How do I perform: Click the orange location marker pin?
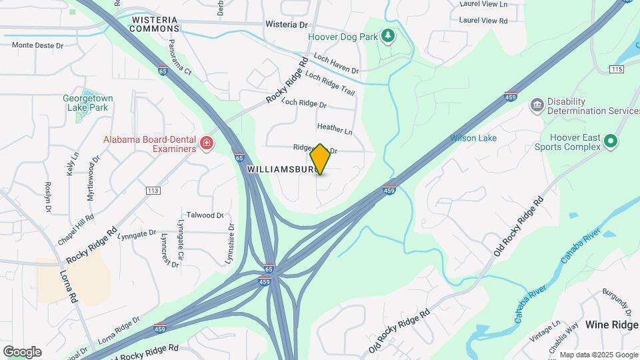(x=321, y=159)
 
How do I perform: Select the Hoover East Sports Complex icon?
(x=610, y=141)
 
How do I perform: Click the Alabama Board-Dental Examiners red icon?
(x=207, y=143)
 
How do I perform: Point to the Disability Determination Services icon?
(x=537, y=105)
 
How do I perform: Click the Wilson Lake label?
(x=473, y=138)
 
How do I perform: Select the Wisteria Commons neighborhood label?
(x=155, y=25)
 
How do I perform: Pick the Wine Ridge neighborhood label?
(x=612, y=325)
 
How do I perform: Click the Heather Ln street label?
(x=335, y=129)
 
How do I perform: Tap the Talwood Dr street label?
(x=205, y=215)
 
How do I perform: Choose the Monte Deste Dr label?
(x=37, y=45)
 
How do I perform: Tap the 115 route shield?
(x=616, y=69)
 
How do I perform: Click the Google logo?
(x=22, y=352)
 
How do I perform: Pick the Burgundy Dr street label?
(x=617, y=302)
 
